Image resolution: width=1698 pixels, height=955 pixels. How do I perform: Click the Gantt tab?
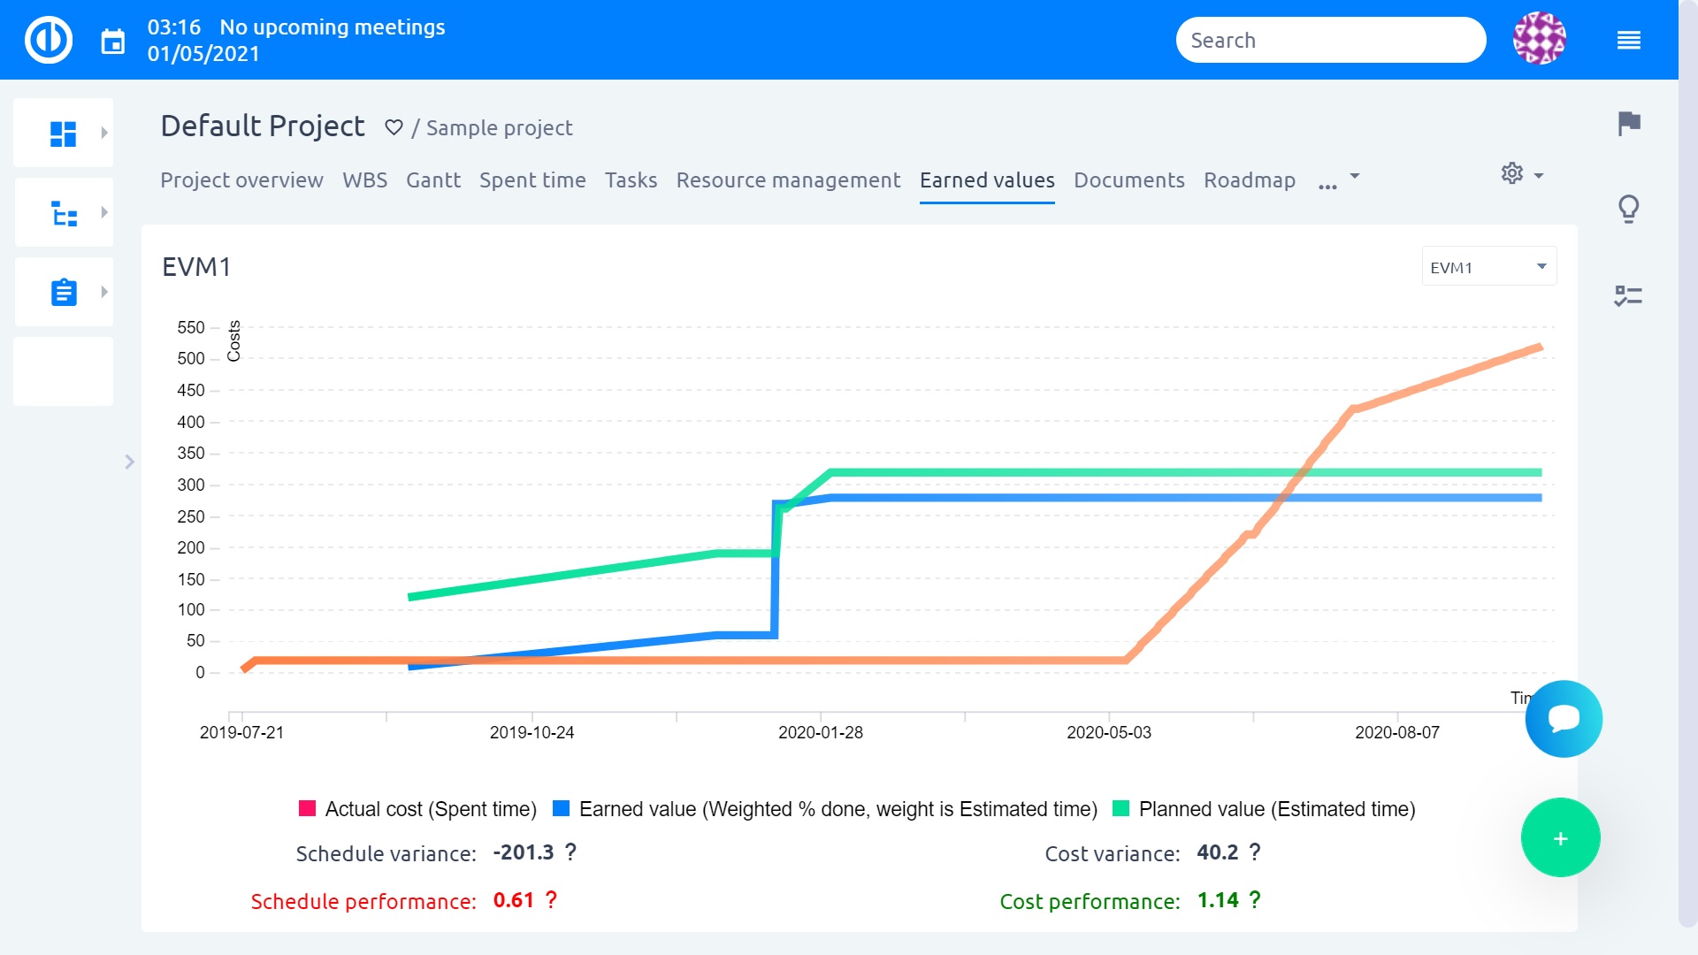pos(432,180)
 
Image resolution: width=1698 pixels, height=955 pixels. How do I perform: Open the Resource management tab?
pos(787,180)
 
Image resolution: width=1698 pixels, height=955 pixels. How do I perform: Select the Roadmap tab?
pos(1249,180)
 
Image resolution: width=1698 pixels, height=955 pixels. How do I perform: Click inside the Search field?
pos(1329,41)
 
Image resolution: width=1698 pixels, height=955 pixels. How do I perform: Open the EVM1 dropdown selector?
pos(1488,267)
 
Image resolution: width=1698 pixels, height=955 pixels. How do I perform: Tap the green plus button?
pos(1560,838)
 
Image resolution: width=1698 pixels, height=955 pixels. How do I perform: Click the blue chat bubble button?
pos(1564,718)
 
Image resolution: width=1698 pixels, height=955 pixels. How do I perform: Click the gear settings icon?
pos(1511,173)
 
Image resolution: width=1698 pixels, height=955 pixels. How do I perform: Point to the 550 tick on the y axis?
pos(191,328)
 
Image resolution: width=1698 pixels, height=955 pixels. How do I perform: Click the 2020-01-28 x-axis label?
pos(820,733)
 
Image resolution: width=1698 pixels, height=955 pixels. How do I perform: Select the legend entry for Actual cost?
pos(417,809)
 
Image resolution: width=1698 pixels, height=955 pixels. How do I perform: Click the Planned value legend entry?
pos(1264,809)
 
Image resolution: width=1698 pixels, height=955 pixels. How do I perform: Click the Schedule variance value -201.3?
pos(523,852)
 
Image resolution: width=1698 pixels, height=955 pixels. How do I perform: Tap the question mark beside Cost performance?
pos(1254,900)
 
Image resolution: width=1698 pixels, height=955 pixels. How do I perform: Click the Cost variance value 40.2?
pos(1217,852)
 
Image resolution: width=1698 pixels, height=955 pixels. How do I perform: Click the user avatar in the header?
pos(1539,39)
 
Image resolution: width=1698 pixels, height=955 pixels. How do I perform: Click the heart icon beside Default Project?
pos(394,128)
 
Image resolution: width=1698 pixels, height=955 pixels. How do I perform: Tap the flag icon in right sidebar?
pos(1628,124)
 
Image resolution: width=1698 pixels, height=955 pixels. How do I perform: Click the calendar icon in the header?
pos(113,42)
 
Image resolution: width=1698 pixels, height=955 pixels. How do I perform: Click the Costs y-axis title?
pos(234,341)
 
